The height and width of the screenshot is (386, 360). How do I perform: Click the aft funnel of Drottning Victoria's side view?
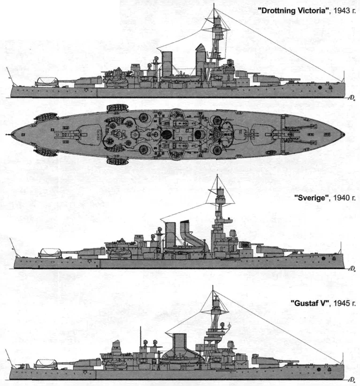click(x=167, y=63)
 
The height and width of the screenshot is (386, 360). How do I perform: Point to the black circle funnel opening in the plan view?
click(x=167, y=135)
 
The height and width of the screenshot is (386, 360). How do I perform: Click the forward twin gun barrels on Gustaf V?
click(x=286, y=362)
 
